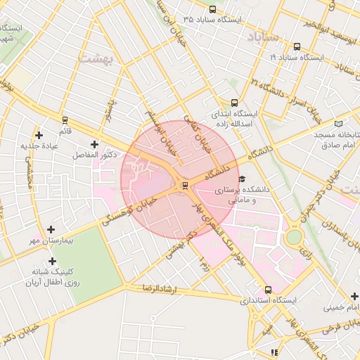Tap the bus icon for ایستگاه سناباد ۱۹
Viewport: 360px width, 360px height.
click(297, 47)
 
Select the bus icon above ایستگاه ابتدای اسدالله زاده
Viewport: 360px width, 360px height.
click(234, 103)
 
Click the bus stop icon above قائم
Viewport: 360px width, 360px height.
click(65, 121)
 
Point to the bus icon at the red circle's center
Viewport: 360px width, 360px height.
click(185, 185)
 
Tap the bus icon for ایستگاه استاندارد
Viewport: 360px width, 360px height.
click(268, 290)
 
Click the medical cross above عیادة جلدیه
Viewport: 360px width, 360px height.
click(39, 135)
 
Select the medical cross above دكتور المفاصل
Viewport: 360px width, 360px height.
click(95, 144)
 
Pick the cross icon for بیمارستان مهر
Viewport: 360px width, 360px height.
click(51, 229)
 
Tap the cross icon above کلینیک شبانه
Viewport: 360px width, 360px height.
click(52, 261)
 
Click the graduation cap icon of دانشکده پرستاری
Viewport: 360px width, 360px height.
click(243, 179)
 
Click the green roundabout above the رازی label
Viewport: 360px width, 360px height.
click(295, 236)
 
